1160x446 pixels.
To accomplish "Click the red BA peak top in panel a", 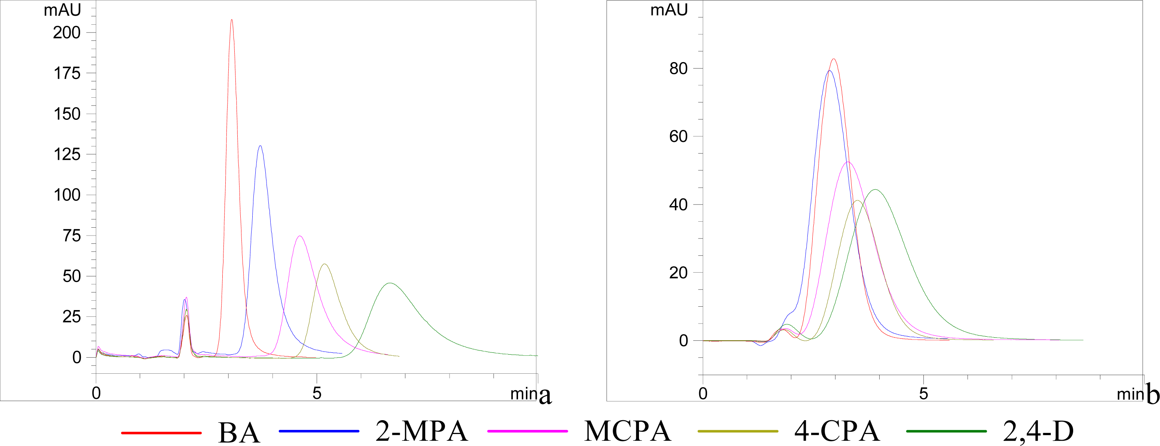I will click(x=231, y=20).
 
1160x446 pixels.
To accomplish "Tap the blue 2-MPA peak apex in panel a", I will click(x=260, y=146).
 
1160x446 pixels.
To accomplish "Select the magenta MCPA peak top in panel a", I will click(x=299, y=236).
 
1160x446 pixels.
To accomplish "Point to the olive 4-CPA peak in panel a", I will click(x=324, y=264).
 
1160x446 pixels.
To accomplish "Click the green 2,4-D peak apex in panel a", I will click(x=390, y=283).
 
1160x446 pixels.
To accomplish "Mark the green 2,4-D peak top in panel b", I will click(x=875, y=189).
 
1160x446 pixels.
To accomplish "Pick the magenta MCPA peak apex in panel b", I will click(x=848, y=162).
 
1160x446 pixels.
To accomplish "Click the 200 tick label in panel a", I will click(x=67, y=33).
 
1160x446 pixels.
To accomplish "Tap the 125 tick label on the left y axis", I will click(x=67, y=155).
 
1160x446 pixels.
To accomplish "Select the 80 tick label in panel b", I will click(x=678, y=69).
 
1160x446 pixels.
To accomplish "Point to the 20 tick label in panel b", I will click(x=678, y=273).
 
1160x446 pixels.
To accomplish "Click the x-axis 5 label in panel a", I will click(x=317, y=393).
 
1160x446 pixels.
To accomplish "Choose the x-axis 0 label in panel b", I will click(x=703, y=394).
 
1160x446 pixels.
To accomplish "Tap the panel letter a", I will click(x=545, y=395).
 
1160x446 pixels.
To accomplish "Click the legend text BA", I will click(x=239, y=433).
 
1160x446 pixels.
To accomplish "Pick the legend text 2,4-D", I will click(x=1038, y=431).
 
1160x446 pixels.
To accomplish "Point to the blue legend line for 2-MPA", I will click(x=319, y=431).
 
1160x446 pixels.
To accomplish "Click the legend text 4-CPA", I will click(x=837, y=431).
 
